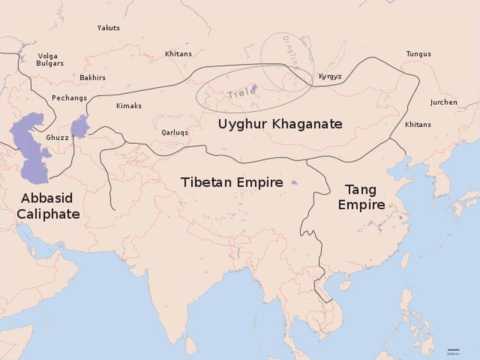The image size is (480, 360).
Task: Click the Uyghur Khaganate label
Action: pos(280,124)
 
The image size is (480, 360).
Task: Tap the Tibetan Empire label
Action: pos(232,183)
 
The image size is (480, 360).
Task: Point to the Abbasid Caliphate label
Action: pos(48,206)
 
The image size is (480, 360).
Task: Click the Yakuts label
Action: pos(108,28)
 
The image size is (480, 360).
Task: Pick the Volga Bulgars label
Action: pos(50,60)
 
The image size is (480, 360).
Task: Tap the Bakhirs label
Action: pos(93,77)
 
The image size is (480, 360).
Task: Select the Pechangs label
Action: pos(69,98)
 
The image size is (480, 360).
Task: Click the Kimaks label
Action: pos(129,106)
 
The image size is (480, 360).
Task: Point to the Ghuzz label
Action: pos(57,138)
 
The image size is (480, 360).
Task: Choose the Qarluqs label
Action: pos(175,133)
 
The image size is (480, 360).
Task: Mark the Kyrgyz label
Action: pos(330,77)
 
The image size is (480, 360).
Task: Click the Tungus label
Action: pos(418,54)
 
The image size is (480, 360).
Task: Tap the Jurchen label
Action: pos(443,102)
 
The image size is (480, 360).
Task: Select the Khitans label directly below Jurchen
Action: pos(418,125)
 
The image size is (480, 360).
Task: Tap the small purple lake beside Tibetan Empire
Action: pos(294,183)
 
